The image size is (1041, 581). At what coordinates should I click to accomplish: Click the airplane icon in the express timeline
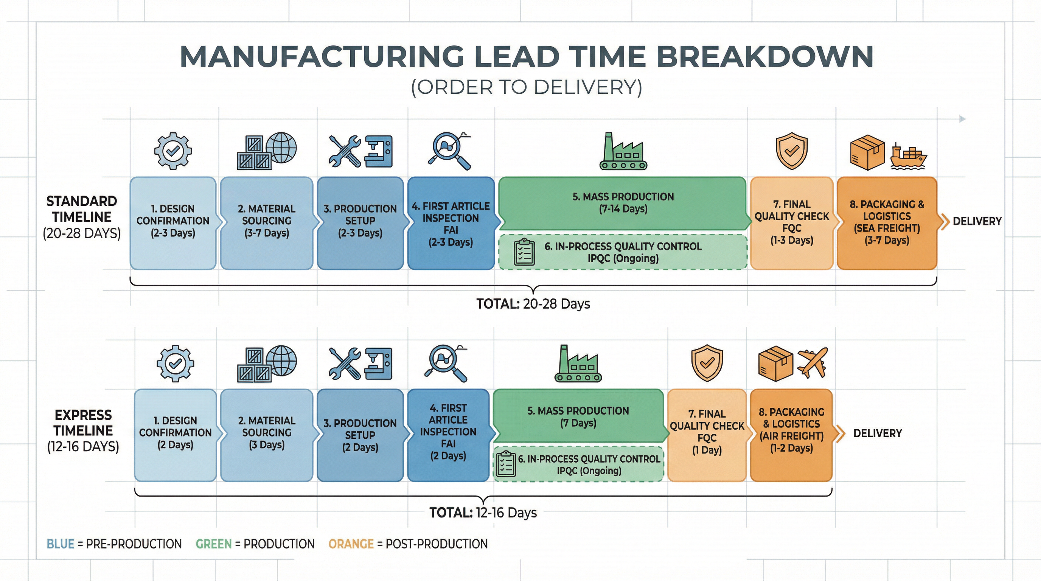pos(812,363)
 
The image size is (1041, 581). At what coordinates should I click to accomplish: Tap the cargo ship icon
pos(909,157)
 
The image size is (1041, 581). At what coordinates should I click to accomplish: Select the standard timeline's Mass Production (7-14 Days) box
pos(623,203)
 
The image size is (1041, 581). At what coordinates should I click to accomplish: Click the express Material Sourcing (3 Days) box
pos(267,435)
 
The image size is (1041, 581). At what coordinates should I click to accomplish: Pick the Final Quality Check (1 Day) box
pos(707,435)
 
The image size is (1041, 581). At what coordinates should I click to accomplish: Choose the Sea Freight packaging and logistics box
pos(887,223)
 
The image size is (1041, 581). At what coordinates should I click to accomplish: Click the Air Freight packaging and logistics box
pos(791,435)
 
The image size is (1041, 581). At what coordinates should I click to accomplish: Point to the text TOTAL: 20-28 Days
pos(533,304)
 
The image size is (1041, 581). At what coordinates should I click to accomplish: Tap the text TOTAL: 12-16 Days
pos(483,513)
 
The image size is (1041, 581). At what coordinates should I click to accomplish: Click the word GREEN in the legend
pos(214,544)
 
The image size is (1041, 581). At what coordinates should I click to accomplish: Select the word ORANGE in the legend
pos(351,544)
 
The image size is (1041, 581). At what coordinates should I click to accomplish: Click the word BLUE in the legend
pos(61,544)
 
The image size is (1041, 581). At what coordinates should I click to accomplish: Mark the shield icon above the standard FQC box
pos(792,151)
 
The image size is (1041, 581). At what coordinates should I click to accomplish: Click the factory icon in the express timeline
pos(578,363)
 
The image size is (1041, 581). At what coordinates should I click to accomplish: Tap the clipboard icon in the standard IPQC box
pos(524,252)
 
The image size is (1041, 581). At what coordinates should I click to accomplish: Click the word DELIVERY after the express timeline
pos(877,433)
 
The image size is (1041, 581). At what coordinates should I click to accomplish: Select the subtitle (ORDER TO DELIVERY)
pos(527,87)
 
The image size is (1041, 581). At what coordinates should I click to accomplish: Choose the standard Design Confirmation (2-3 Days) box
pos(173,223)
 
